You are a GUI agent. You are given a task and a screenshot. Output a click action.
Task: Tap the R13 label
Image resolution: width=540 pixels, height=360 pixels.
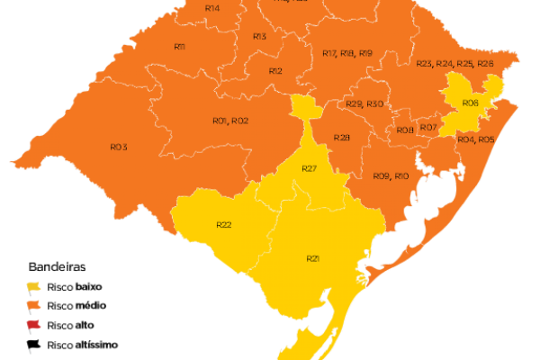[x=259, y=36]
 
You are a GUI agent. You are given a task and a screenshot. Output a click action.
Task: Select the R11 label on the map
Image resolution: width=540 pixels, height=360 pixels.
[x=180, y=46]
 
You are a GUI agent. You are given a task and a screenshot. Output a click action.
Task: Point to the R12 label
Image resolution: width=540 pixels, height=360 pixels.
[x=275, y=70]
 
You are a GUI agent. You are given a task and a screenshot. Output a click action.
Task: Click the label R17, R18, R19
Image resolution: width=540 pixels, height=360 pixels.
[x=346, y=54]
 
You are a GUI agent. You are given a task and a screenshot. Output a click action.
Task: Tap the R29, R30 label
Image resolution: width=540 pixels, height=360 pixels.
[x=364, y=104]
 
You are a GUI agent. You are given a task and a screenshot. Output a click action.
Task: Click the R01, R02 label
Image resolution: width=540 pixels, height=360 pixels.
[x=230, y=121]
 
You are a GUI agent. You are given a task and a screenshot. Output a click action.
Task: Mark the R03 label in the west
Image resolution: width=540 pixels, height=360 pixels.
[x=119, y=147]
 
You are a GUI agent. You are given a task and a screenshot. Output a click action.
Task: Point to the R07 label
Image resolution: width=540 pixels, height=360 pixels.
[x=428, y=128]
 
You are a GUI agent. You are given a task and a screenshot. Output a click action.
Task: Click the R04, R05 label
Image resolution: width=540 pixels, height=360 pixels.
[x=474, y=139]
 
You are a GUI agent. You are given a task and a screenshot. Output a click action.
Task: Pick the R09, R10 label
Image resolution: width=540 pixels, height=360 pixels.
[x=391, y=175]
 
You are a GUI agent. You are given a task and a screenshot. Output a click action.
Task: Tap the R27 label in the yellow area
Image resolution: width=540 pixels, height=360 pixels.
[x=310, y=169]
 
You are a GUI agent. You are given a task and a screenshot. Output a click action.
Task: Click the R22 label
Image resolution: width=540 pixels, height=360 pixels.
[x=225, y=224]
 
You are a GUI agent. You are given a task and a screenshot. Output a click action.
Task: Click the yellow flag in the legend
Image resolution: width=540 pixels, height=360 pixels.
[x=35, y=286]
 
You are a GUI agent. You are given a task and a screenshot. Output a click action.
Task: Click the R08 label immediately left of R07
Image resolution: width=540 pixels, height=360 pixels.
[x=405, y=130]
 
